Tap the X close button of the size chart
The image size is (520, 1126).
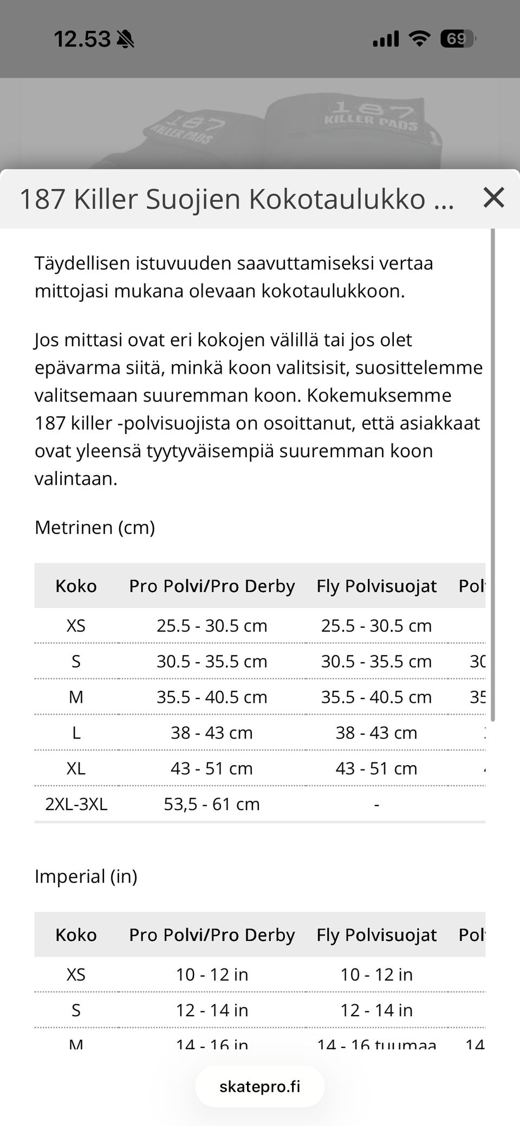pos(493,198)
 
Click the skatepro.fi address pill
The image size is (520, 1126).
pos(259,1086)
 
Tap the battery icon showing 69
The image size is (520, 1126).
pos(457,39)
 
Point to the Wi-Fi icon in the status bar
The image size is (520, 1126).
pos(419,39)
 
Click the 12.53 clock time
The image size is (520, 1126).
pos(82,39)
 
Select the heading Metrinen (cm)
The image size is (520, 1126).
pos(95,527)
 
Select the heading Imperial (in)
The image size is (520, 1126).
pos(86,876)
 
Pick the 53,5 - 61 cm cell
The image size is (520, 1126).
pos(212,804)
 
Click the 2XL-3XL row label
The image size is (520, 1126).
pos(76,804)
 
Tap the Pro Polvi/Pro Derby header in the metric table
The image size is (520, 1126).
pos(212,586)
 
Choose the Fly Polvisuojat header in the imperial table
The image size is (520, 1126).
pos(376,935)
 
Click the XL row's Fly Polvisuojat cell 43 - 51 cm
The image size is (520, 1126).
pos(376,768)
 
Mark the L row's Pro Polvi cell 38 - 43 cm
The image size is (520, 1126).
pos(212,733)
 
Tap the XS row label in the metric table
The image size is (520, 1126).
pos(76,626)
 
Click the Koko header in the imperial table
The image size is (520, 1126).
pos(76,935)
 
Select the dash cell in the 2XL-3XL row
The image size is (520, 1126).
pos(376,805)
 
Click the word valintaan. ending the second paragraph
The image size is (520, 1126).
pos(76,479)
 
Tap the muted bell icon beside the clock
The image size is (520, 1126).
pos(126,39)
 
